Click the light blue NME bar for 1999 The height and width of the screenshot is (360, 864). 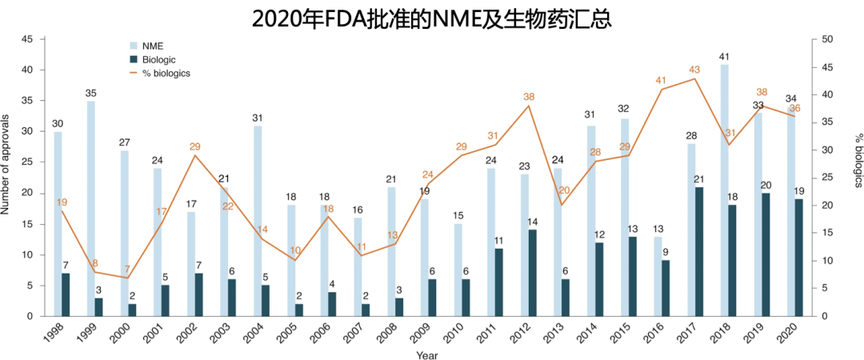pyautogui.click(x=91, y=208)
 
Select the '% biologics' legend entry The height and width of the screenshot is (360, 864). pyautogui.click(x=166, y=73)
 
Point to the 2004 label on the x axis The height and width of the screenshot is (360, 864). pyautogui.click(x=252, y=337)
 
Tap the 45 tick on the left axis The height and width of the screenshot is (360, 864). pyautogui.click(x=27, y=38)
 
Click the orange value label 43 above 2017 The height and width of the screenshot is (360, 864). pyautogui.click(x=694, y=69)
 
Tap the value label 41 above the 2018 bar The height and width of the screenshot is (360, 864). pyautogui.click(x=724, y=57)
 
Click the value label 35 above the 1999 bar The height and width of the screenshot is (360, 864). pyautogui.click(x=91, y=94)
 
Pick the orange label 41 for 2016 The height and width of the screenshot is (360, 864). pyautogui.click(x=661, y=80)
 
